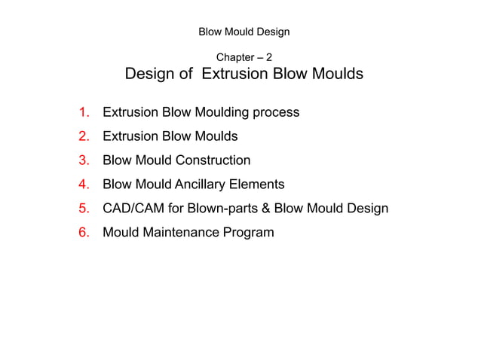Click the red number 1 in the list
coord(84,113)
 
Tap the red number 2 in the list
coord(84,136)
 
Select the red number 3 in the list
coord(84,160)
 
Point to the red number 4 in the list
coord(84,185)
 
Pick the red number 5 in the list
coord(84,208)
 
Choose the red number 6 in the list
coord(84,232)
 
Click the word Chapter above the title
coord(234,57)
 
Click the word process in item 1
coord(276,113)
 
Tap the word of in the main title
coord(186,75)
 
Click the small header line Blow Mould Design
coord(244,32)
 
